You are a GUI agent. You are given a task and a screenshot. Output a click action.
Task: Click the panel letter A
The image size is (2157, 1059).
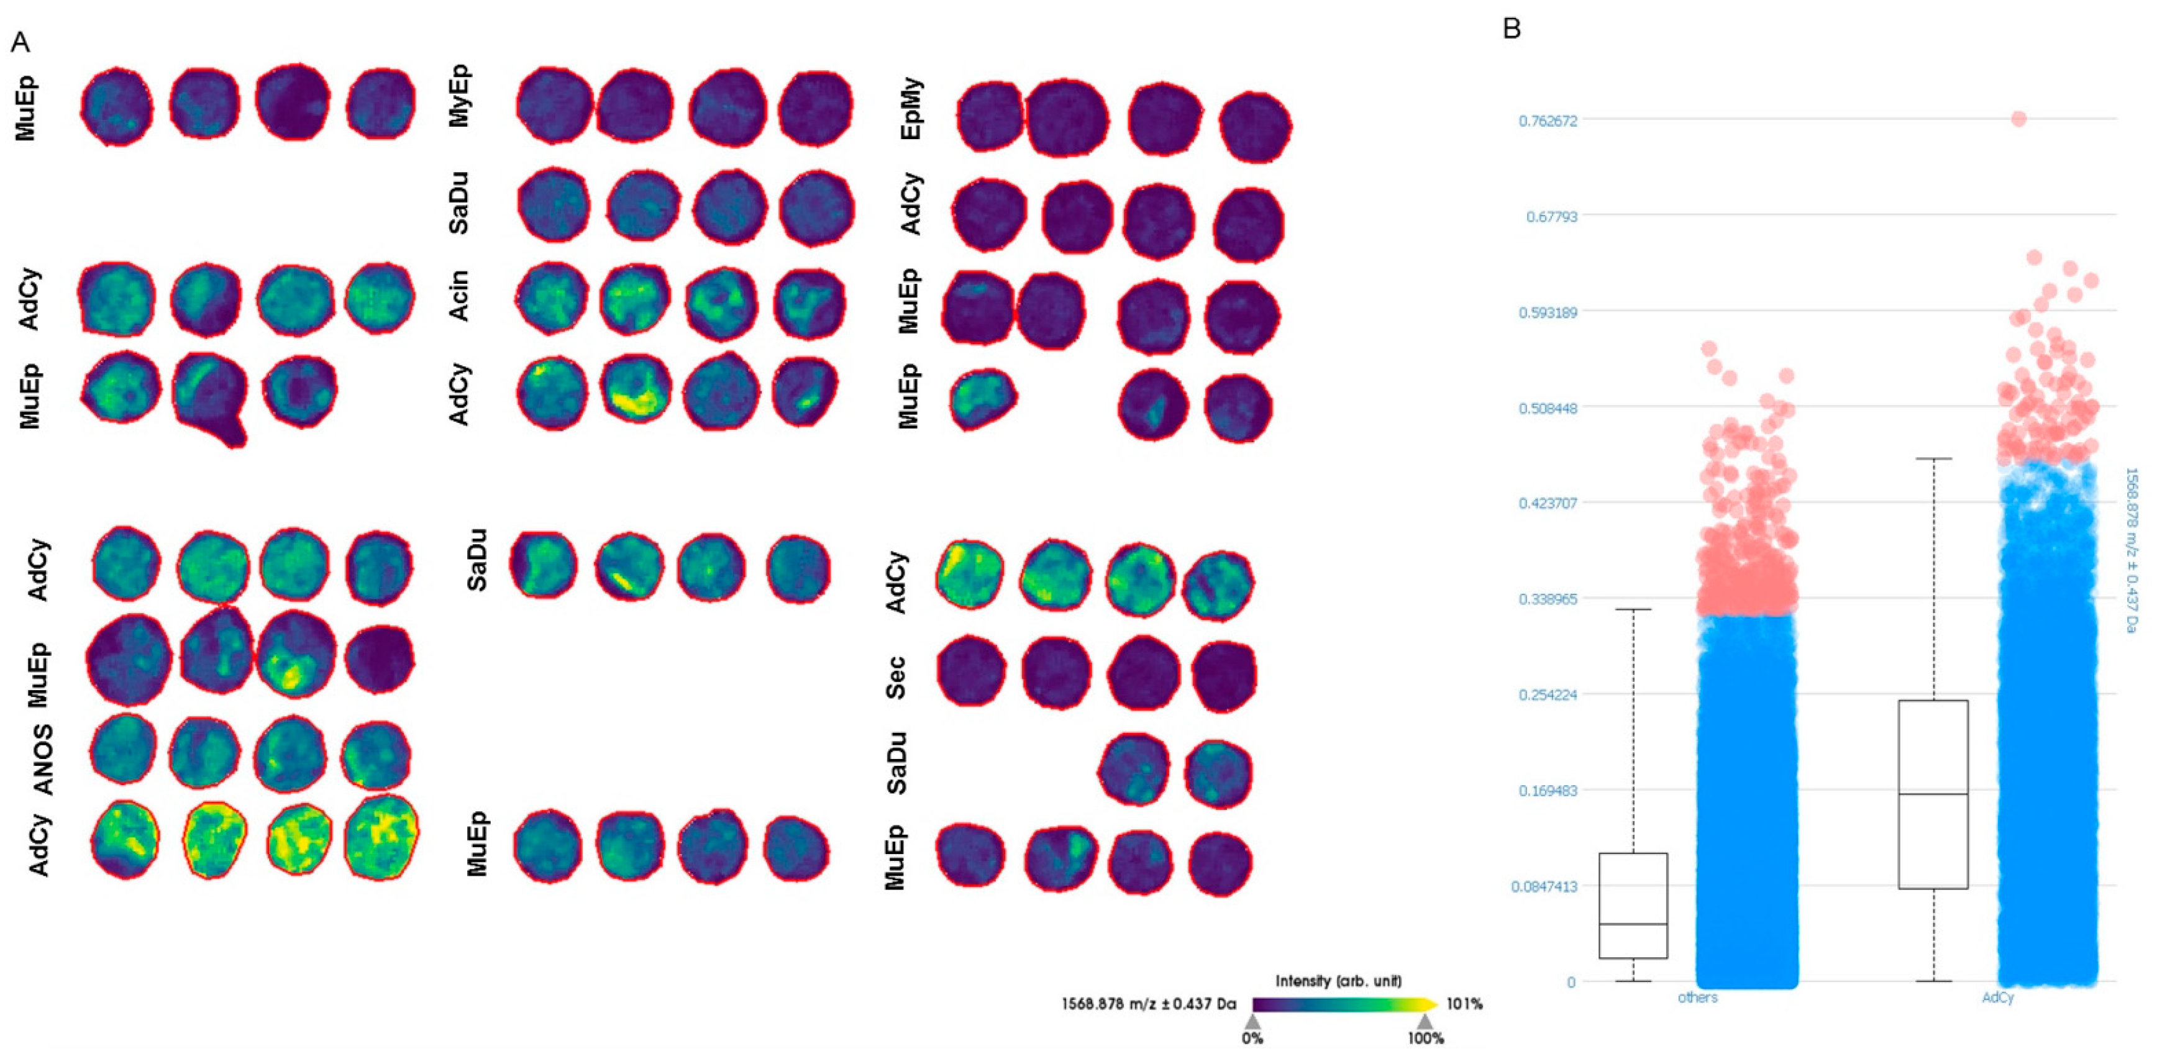point(20,42)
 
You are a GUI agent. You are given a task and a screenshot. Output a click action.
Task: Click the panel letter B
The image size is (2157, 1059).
point(1512,29)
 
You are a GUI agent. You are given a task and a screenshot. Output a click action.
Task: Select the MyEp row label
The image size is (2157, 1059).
point(459,96)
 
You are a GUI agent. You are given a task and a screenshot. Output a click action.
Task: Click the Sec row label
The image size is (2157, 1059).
point(895,677)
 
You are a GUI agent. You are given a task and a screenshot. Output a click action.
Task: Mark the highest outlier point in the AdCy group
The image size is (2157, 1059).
point(2019,119)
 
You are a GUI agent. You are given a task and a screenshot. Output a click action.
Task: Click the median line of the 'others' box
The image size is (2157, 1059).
point(1633,924)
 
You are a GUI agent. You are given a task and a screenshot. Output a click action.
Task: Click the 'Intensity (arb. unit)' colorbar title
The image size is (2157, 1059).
point(1338,980)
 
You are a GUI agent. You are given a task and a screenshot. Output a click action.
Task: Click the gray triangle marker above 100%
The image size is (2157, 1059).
point(1425,1021)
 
